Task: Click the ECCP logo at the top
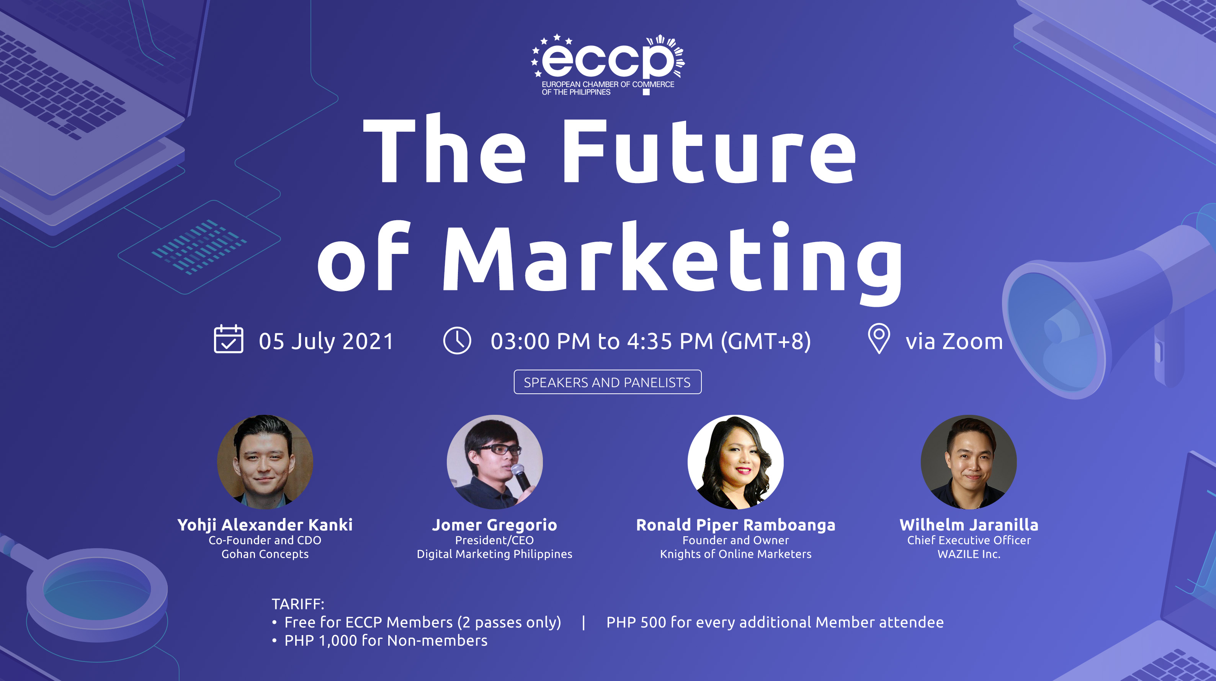pyautogui.click(x=608, y=65)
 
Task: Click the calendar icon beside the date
pyautogui.click(x=229, y=339)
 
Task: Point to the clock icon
pyautogui.click(x=457, y=340)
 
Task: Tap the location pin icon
pyautogui.click(x=879, y=338)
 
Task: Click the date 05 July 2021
pyautogui.click(x=326, y=341)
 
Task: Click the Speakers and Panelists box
pyautogui.click(x=608, y=382)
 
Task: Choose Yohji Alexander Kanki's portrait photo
pyautogui.click(x=265, y=462)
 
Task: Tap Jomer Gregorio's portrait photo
pyautogui.click(x=495, y=462)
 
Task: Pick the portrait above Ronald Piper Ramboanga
pyautogui.click(x=735, y=462)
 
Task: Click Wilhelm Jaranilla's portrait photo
pyautogui.click(x=969, y=462)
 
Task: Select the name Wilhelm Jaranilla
pyautogui.click(x=969, y=525)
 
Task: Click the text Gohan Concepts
pyautogui.click(x=265, y=554)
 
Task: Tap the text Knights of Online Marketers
pyautogui.click(x=735, y=554)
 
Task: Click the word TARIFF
pyautogui.click(x=298, y=604)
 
